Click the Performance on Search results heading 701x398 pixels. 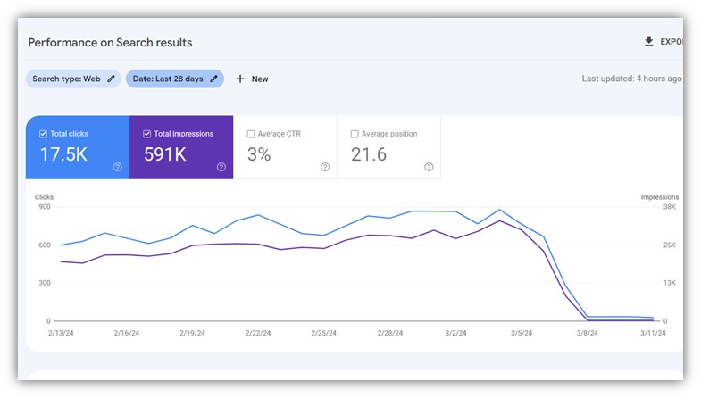tap(110, 42)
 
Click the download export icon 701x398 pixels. tap(649, 41)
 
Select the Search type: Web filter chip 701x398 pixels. tap(73, 79)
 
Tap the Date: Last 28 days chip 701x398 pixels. tap(174, 79)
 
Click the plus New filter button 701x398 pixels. tap(252, 79)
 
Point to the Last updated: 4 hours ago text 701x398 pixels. tap(631, 79)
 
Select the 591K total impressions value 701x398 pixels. tap(165, 154)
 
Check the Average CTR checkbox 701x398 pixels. tap(252, 134)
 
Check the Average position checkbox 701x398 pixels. tap(355, 134)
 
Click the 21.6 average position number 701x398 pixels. tap(369, 154)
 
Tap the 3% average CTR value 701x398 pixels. tap(259, 154)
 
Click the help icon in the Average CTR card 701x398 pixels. tap(325, 167)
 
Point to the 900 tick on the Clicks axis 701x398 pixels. tap(43, 207)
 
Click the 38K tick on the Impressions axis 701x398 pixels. tap(669, 207)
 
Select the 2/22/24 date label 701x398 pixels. tap(258, 332)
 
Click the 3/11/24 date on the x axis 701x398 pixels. tap(654, 332)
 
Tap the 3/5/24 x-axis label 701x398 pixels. tap(522, 332)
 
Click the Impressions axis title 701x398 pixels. tap(659, 197)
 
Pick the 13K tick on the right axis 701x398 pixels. tap(669, 283)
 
